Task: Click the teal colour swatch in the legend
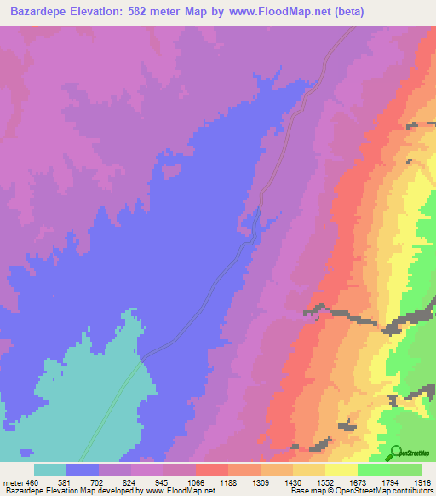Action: [x=50, y=470]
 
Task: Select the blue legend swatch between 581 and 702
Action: [x=83, y=470]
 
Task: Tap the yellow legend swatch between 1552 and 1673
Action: [x=341, y=470]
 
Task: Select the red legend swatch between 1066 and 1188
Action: [x=212, y=470]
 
